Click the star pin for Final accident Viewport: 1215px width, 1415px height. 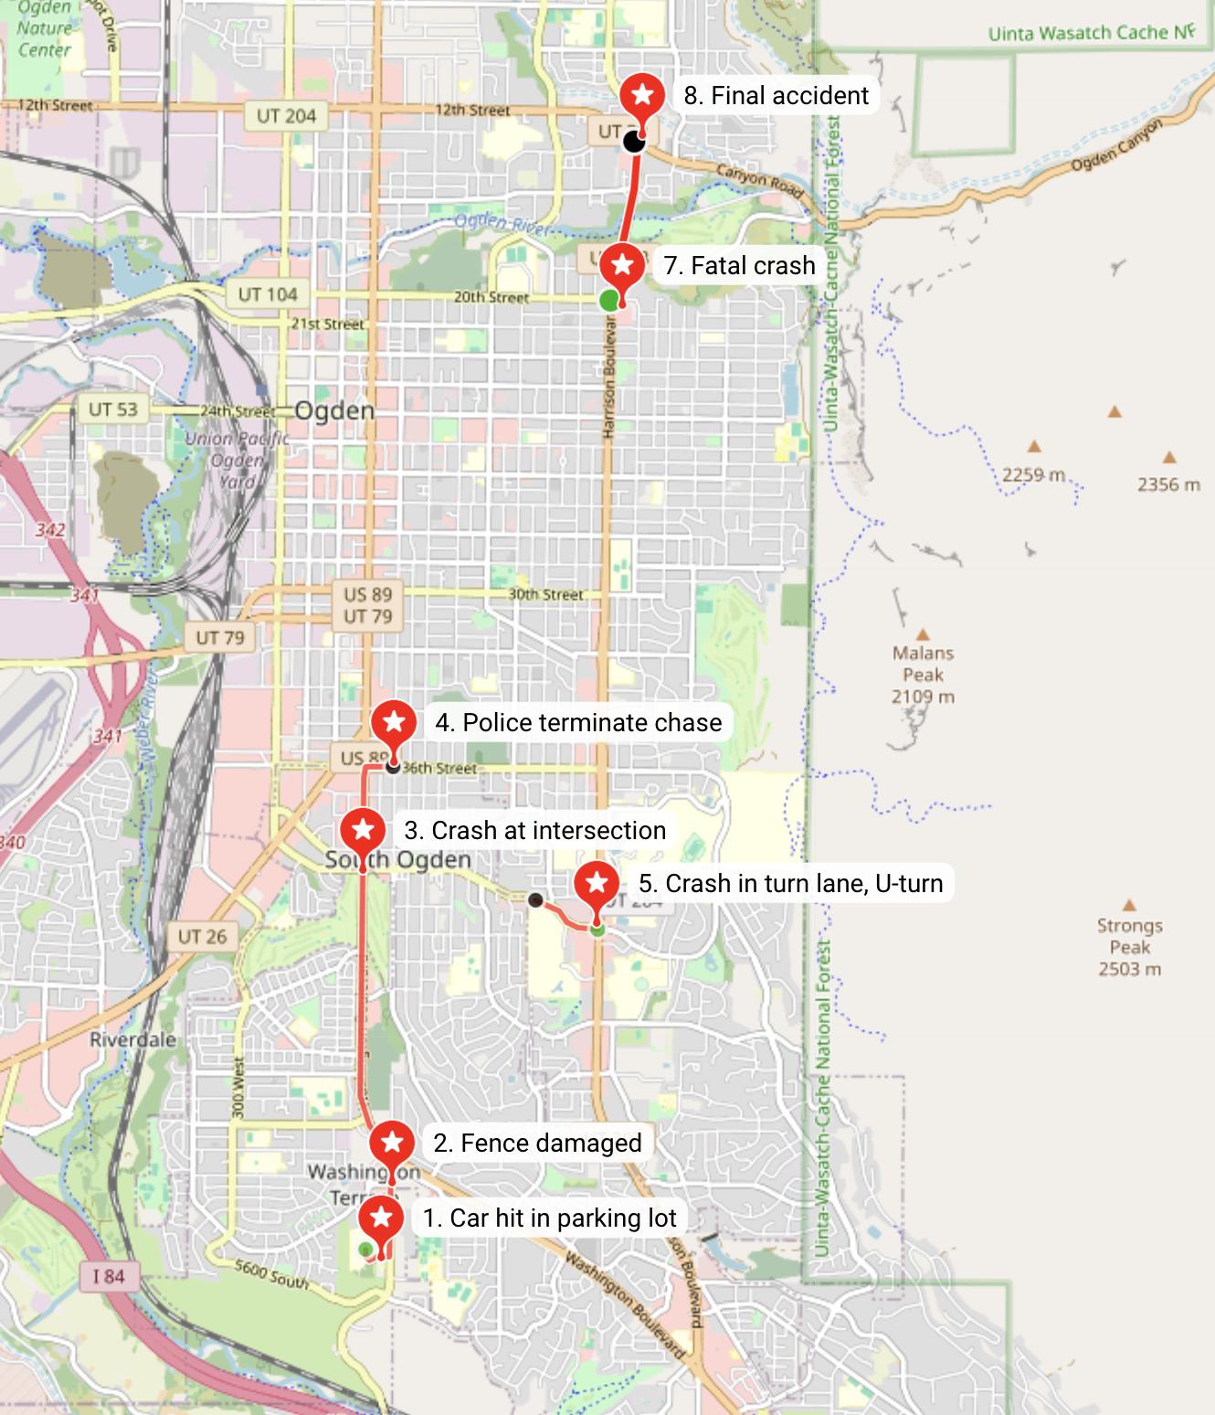(642, 95)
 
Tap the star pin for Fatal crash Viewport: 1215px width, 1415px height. (623, 266)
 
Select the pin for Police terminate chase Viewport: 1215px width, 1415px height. (394, 723)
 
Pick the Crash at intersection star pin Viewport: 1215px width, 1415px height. (363, 831)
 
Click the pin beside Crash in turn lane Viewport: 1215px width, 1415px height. (597, 884)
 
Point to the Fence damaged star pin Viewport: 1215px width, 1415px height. (392, 1143)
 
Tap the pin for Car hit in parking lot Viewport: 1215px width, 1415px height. (381, 1218)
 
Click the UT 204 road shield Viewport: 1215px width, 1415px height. (286, 116)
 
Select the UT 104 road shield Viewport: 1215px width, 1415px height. (268, 294)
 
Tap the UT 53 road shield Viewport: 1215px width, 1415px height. (112, 409)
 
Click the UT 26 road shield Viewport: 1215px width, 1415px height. (202, 936)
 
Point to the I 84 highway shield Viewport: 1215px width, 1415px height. (108, 1276)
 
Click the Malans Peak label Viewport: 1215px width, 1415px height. (923, 675)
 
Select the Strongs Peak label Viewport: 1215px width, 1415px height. (1129, 946)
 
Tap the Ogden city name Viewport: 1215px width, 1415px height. (334, 410)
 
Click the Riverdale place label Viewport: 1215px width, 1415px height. (132, 1039)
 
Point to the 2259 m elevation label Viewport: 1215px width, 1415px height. (1034, 474)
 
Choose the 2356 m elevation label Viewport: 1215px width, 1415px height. (1168, 484)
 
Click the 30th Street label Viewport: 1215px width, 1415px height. (545, 594)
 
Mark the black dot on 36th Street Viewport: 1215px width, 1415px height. (393, 767)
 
